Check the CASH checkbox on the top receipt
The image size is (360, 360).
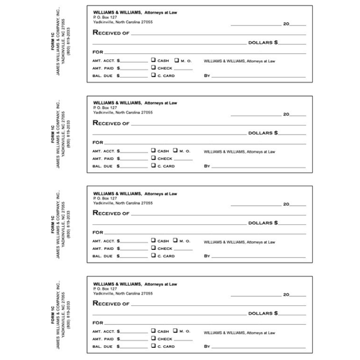(x=153, y=60)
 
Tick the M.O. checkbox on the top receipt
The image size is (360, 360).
(x=176, y=60)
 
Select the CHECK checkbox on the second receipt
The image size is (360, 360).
(x=153, y=158)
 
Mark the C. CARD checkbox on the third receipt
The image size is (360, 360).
(x=153, y=255)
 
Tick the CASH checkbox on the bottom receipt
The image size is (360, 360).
(x=153, y=331)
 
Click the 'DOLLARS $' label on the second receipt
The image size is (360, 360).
(x=263, y=132)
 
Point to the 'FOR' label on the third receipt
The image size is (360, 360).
(x=98, y=232)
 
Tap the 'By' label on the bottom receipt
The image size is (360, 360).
(x=207, y=346)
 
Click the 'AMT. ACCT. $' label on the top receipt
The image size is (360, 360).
(x=107, y=61)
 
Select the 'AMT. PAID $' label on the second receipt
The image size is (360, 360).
(x=107, y=159)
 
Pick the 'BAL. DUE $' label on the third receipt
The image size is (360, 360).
(x=107, y=256)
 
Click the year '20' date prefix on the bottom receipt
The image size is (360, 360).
(x=286, y=294)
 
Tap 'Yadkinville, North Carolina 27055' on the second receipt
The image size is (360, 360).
(x=123, y=112)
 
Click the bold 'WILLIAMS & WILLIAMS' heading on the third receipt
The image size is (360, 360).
(x=118, y=193)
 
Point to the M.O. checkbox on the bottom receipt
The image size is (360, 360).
(x=176, y=331)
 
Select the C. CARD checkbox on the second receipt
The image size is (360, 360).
(x=153, y=165)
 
